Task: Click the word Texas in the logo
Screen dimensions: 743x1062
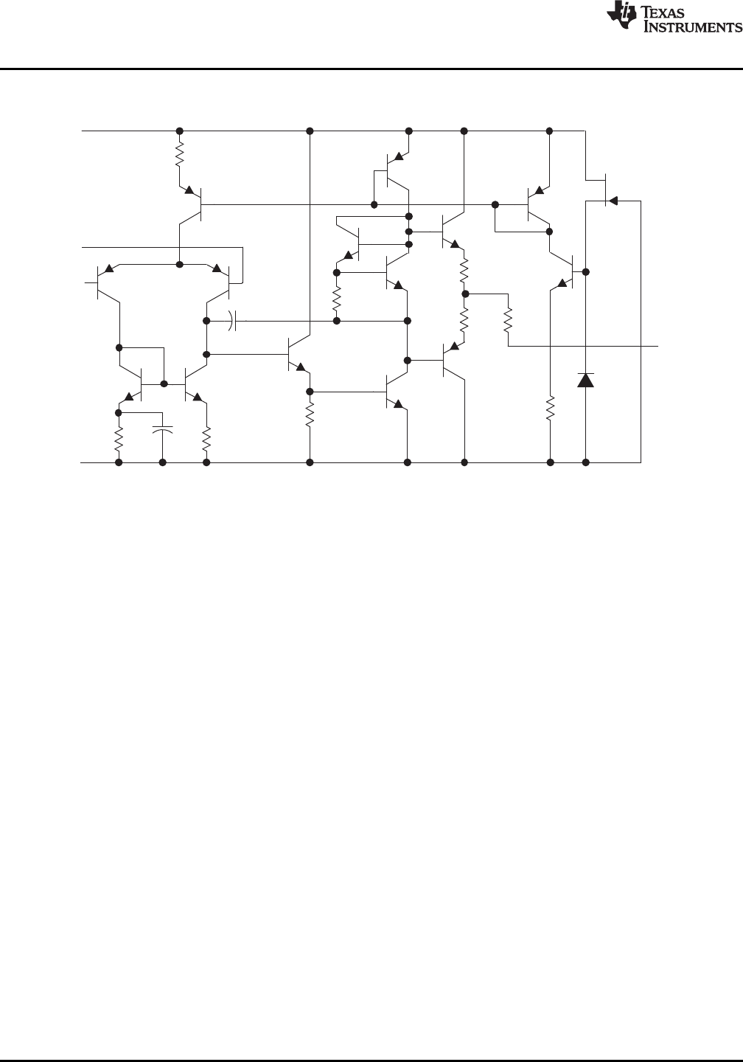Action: (x=671, y=13)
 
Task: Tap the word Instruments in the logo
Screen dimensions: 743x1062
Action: (x=693, y=27)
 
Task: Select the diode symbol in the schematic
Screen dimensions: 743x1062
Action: (x=585, y=381)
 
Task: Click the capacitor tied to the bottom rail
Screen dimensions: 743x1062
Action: (x=163, y=428)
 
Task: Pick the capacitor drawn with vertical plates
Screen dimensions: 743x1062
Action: (x=233, y=321)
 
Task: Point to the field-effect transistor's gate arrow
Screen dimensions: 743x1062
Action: (x=613, y=200)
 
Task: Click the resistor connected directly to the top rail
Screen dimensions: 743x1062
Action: (x=179, y=156)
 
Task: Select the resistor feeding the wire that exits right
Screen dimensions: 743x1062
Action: (x=508, y=320)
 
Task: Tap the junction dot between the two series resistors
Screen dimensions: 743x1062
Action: (x=465, y=294)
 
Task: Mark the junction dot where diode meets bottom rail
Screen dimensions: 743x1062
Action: (x=586, y=462)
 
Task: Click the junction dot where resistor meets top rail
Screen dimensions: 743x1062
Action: (x=179, y=131)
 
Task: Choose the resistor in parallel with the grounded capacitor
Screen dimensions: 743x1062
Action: (x=119, y=440)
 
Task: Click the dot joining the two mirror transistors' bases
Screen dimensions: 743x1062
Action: (x=164, y=383)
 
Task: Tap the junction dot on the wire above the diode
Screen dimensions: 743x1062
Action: (x=586, y=271)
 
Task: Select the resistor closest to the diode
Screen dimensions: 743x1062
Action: (x=551, y=409)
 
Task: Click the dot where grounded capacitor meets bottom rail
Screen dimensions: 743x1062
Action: (x=163, y=462)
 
